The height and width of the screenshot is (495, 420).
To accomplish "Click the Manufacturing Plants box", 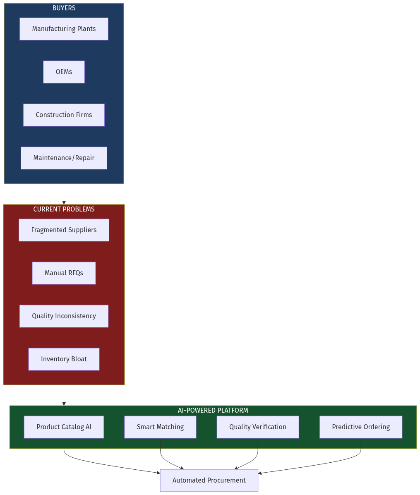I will [x=64, y=29].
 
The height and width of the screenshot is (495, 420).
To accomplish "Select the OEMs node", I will [x=64, y=72].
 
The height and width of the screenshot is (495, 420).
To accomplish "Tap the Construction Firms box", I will [x=64, y=115].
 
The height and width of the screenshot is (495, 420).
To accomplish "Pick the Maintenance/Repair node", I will [x=64, y=158].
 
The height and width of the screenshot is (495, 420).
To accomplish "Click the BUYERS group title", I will [x=64, y=8].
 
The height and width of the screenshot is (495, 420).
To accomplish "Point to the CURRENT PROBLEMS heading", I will [x=64, y=209].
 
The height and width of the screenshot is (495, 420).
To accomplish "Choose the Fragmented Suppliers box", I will [x=64, y=230].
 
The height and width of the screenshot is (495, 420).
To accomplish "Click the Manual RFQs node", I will [x=64, y=273].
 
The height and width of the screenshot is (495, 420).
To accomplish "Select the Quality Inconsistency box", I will [x=64, y=316].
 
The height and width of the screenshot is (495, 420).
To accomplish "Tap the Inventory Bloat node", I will [x=64, y=359].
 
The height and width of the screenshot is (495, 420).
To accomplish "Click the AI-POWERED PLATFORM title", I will [x=213, y=411].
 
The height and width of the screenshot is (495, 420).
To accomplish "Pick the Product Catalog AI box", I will [x=64, y=427].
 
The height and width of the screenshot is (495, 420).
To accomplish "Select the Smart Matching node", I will [x=160, y=427].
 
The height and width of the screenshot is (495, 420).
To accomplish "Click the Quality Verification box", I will [x=257, y=427].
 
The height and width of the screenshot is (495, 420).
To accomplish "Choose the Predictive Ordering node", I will [x=360, y=427].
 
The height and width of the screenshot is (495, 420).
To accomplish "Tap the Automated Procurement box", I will [x=209, y=481].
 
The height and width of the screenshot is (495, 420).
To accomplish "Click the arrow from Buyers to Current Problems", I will [x=64, y=194].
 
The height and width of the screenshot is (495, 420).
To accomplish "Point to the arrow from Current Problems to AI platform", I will [x=64, y=395].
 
